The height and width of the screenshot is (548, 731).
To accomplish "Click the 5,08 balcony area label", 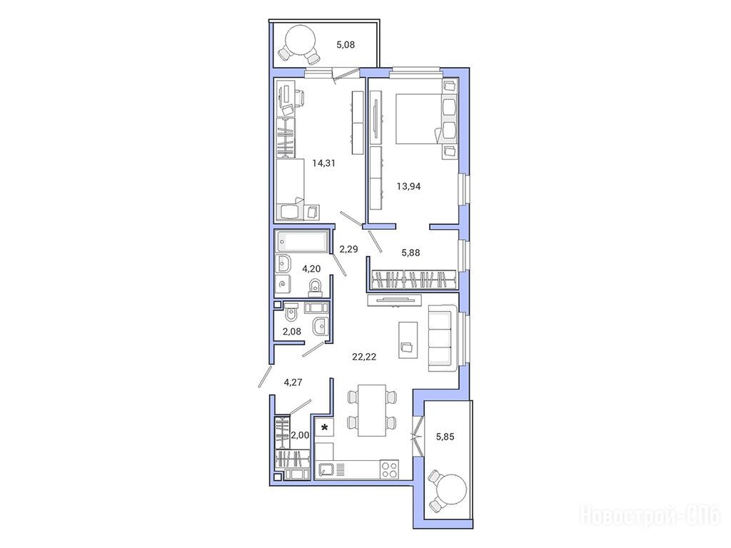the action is point(346,45).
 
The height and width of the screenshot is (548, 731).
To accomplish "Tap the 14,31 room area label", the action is point(323,163).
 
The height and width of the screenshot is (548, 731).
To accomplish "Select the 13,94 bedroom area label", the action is point(408,186).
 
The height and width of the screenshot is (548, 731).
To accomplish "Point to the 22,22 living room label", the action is point(364,357).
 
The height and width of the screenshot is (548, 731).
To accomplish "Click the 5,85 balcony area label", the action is point(445,437).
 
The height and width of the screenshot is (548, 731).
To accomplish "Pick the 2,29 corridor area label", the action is point(348,249).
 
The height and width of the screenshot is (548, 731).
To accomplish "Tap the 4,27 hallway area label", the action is point(293,382).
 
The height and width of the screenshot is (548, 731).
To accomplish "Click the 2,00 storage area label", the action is point(300,435).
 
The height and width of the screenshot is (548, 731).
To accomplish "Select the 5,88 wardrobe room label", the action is point(410,253).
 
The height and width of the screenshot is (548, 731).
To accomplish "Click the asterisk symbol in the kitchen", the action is point(325,427).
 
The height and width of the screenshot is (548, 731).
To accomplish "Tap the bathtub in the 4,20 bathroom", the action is point(302,241).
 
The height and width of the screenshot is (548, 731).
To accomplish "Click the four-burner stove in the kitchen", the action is point(390,470).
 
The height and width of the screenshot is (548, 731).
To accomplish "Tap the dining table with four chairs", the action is point(372,410).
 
